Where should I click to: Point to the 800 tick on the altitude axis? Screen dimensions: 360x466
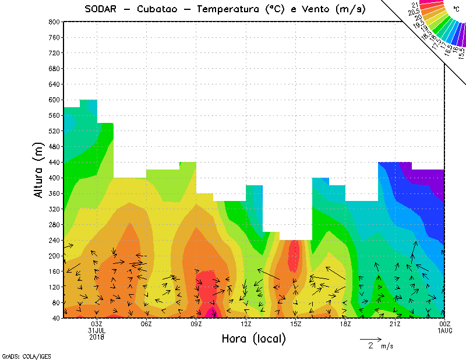54,22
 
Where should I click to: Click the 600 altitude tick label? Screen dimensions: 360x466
54,100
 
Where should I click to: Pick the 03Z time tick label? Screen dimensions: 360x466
97,324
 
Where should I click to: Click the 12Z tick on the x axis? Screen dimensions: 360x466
246,324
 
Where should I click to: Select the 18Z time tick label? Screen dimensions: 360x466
345,324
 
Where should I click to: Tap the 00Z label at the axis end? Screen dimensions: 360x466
444,324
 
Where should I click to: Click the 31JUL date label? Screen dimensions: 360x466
97,330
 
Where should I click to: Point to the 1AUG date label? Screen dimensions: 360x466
444,330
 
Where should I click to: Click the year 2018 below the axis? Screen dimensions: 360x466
97,337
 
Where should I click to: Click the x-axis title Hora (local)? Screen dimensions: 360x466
253,338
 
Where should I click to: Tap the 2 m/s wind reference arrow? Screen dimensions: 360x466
370,338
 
